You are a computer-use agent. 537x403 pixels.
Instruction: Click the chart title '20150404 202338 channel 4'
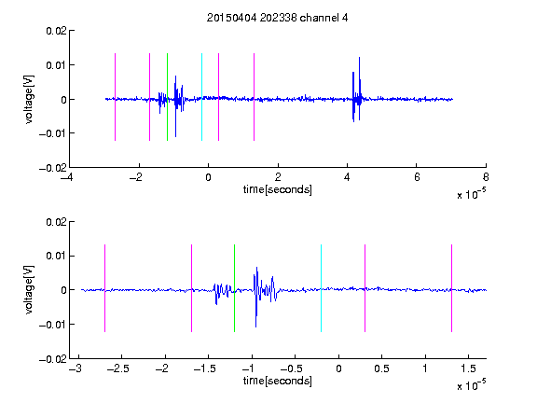pyautogui.click(x=278, y=18)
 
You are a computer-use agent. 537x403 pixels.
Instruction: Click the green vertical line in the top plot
pyautogui.click(x=167, y=97)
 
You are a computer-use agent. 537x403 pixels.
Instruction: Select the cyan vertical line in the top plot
pyautogui.click(x=201, y=97)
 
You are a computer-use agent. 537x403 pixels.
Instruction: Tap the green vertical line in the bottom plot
pyautogui.click(x=234, y=288)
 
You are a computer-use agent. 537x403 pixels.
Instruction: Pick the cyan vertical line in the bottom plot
pyautogui.click(x=321, y=288)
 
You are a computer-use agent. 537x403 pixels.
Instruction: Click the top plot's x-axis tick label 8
pyautogui.click(x=486, y=177)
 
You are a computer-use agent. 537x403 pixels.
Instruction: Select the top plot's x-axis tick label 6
pyautogui.click(x=417, y=177)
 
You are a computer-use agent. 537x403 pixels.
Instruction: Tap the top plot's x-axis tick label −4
pyautogui.click(x=66, y=177)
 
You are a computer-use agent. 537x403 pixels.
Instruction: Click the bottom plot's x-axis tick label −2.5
pyautogui.click(x=117, y=368)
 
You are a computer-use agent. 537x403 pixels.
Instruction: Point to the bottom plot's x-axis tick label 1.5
pyautogui.click(x=468, y=368)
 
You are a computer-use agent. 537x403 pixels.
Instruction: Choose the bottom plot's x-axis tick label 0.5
pyautogui.click(x=381, y=368)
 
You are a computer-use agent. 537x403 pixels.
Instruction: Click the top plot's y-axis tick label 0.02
pyautogui.click(x=57, y=31)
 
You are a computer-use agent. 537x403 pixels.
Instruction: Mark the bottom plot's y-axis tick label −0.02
pyautogui.click(x=53, y=359)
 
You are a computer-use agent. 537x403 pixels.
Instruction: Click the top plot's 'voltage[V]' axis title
pyautogui.click(x=29, y=100)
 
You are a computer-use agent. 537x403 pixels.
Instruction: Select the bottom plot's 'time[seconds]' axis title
pyautogui.click(x=278, y=381)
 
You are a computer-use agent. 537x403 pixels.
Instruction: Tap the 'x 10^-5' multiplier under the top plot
pyautogui.click(x=471, y=194)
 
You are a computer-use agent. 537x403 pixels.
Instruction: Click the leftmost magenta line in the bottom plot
pyautogui.click(x=104, y=288)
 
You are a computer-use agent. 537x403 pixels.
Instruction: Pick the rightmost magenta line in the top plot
pyautogui.click(x=254, y=97)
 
